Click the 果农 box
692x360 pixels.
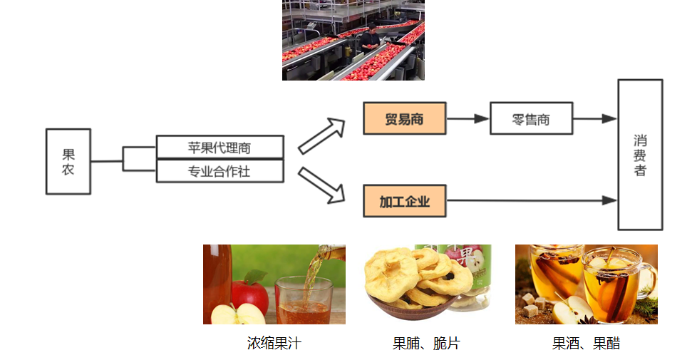tap(68, 162)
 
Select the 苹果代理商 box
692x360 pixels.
tap(220, 147)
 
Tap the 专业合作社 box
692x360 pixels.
tap(220, 171)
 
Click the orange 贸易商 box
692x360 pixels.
tap(405, 118)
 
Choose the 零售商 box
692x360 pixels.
tap(532, 118)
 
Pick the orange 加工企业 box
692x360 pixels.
tap(405, 201)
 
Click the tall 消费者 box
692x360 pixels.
tap(641, 155)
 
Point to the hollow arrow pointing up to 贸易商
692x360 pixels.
tap(321, 135)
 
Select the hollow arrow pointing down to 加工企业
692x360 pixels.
tap(321, 185)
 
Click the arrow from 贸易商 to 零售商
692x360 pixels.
tap(468, 118)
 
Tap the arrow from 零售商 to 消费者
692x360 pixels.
tap(595, 118)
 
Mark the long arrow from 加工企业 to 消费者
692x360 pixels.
tap(532, 200)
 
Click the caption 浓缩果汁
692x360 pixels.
tap(274, 343)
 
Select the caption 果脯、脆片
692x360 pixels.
tap(426, 343)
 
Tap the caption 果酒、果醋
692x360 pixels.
tap(586, 343)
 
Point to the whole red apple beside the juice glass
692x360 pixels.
tap(250, 295)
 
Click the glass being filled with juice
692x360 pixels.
tap(304, 300)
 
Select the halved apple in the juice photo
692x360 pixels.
tap(237, 314)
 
